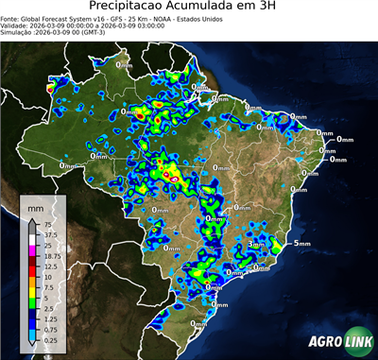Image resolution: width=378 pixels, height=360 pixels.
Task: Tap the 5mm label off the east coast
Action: (302, 244)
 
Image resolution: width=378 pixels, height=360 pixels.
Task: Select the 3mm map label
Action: (255, 245)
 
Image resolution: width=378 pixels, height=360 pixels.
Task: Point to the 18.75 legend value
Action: (52, 256)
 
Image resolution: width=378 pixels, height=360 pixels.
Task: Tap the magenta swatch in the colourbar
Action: (31, 250)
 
